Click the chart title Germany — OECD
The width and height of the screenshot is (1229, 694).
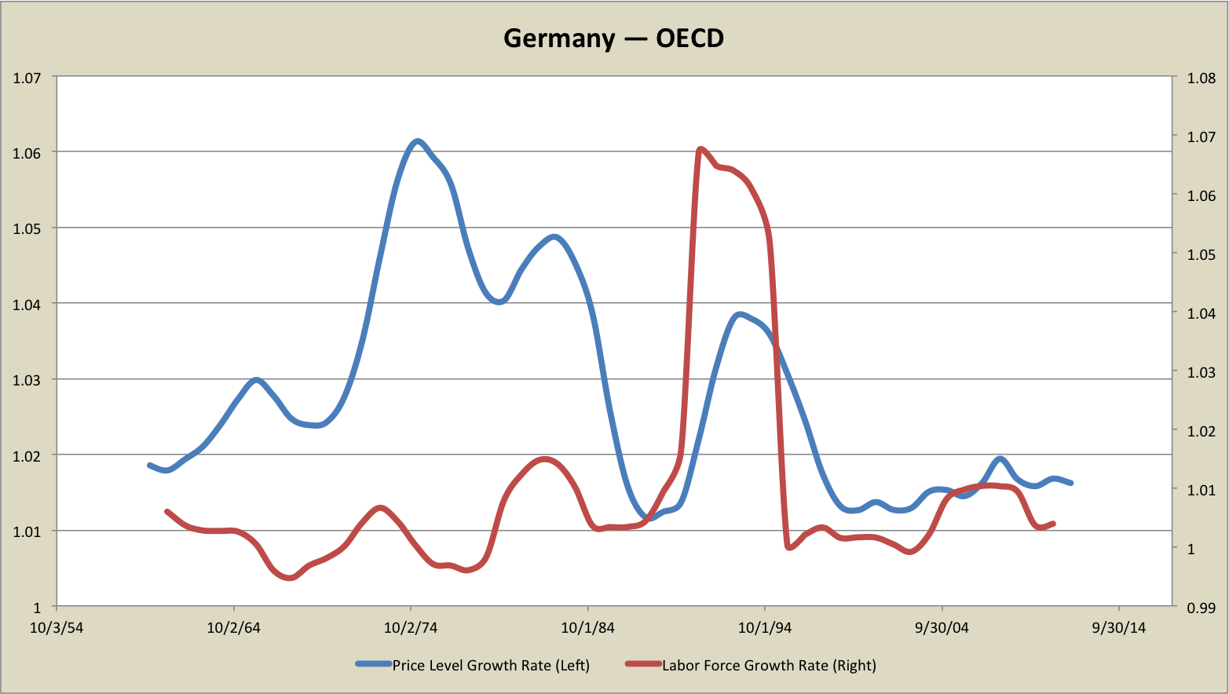613,38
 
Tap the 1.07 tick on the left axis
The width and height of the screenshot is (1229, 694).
26,77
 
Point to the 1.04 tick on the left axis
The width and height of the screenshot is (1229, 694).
26,305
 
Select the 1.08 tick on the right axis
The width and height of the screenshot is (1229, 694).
1201,78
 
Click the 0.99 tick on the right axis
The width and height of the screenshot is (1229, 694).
1201,608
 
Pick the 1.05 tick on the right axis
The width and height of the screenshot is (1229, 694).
1201,254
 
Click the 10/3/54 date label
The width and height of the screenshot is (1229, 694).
57,628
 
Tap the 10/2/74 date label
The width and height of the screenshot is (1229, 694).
411,628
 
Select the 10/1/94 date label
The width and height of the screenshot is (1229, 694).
765,628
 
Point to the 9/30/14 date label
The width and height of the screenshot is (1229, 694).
1119,628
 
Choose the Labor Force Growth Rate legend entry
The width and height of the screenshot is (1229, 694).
769,666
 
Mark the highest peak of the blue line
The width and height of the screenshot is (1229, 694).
418,141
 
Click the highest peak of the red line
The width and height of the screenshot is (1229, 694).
700,148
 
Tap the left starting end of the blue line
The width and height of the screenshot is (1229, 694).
149,466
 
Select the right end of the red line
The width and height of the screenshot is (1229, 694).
1054,523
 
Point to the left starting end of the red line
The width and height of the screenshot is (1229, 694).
166,511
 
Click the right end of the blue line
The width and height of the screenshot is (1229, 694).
1071,483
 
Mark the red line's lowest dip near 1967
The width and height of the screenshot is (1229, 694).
290,578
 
